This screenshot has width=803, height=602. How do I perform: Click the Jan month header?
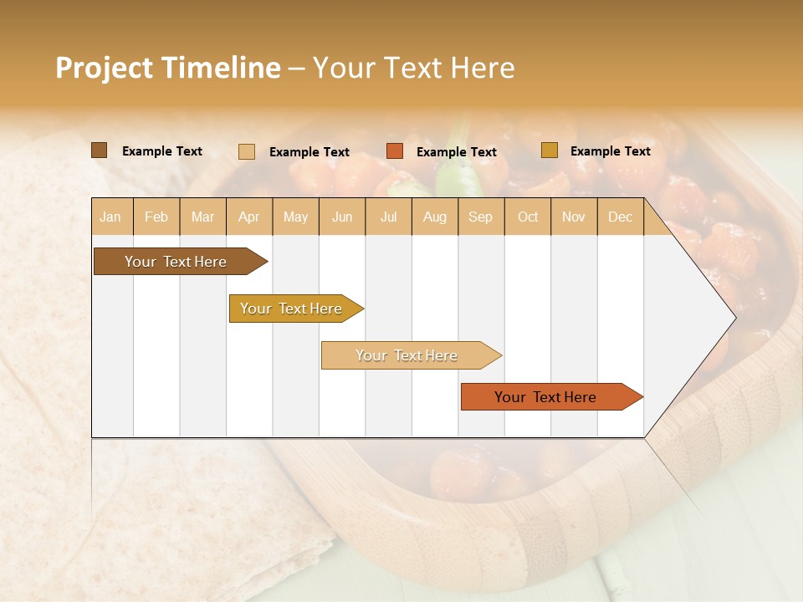[x=110, y=217]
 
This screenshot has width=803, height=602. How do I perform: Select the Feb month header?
[x=156, y=217]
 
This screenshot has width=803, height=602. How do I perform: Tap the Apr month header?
[x=249, y=217]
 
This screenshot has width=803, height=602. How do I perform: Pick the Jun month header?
[x=342, y=217]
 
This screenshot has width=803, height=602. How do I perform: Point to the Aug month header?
[x=435, y=217]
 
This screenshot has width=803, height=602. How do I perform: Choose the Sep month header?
[x=480, y=217]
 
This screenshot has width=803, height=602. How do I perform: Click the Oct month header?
[x=528, y=217]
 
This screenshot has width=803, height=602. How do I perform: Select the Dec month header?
[x=620, y=217]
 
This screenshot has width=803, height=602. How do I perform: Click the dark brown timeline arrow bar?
[x=176, y=262]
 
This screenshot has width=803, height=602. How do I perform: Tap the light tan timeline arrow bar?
[x=407, y=355]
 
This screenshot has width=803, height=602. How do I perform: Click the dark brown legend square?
[x=99, y=150]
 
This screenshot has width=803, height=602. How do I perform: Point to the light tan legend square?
[x=247, y=151]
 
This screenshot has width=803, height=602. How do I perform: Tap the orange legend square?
[x=395, y=151]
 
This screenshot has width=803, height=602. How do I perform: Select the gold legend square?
[x=550, y=150]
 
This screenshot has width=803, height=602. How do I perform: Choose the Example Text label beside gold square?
[x=610, y=151]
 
